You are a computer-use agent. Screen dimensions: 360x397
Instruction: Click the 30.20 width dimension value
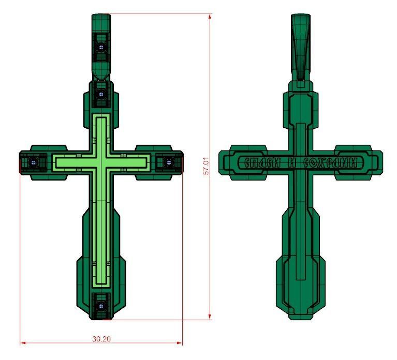pos(101,339)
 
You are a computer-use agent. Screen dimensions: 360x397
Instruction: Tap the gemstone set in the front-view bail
pos(101,47)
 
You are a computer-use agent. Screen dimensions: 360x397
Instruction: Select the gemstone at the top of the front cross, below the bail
pos(101,95)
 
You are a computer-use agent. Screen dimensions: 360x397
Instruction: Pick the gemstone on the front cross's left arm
pos(33,162)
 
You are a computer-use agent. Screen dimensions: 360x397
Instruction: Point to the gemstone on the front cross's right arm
pos(168,162)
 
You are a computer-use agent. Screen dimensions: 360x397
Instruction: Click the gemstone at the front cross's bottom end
pos(101,305)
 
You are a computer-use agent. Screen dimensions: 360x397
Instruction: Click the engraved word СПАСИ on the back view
pos(262,163)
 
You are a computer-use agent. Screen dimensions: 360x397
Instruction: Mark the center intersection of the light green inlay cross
pos(101,162)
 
